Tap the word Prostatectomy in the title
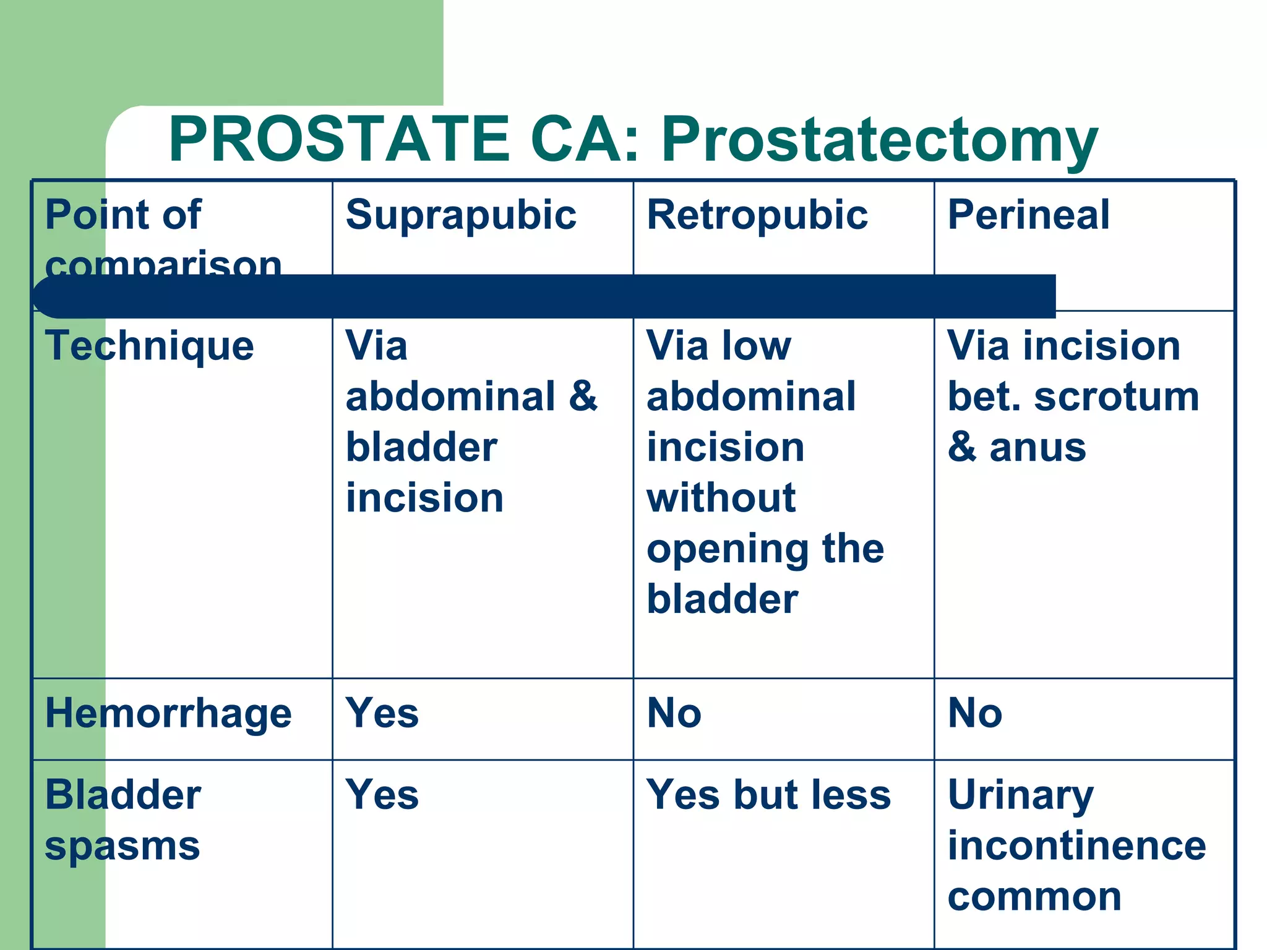[879, 141]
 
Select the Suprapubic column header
[461, 215]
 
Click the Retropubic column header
[757, 215]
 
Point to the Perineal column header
[1028, 215]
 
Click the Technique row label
[149, 346]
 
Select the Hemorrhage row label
[168, 714]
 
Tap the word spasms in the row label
[122, 846]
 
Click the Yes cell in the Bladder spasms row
[382, 795]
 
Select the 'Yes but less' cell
[768, 795]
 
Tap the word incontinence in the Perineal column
[1076, 845]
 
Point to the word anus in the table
[1037, 447]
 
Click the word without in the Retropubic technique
[721, 498]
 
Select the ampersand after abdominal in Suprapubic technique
[583, 396]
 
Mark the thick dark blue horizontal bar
[544, 296]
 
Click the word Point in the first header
[87, 215]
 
